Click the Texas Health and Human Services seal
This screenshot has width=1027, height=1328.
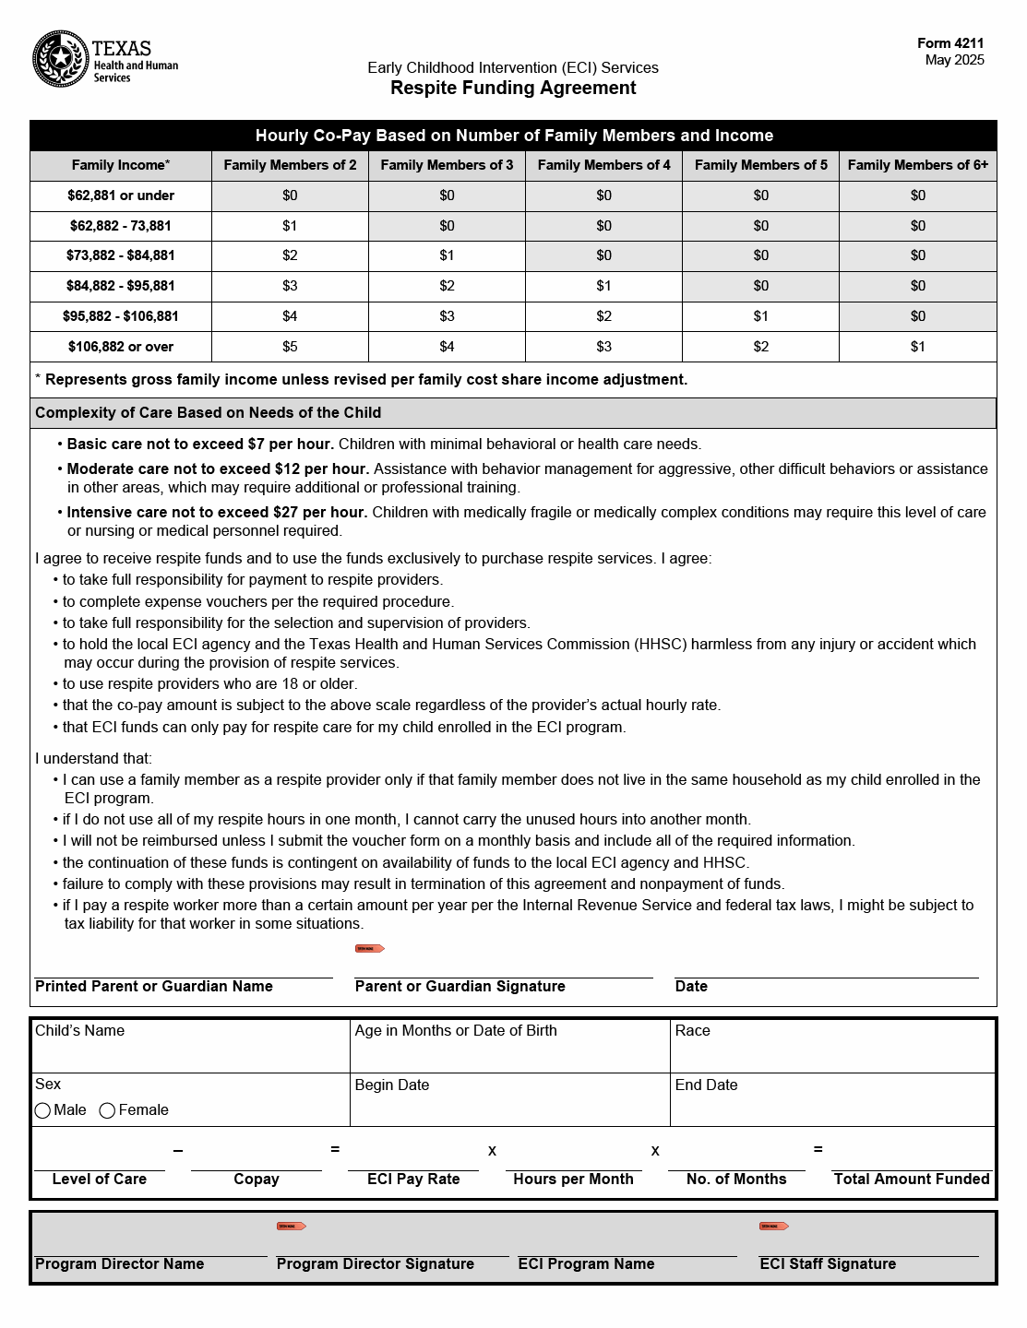click(61, 59)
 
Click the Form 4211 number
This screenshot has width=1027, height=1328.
click(950, 43)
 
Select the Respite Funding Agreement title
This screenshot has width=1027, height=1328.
click(513, 88)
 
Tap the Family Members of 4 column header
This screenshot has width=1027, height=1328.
click(603, 165)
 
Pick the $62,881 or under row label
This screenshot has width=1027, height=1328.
click(121, 196)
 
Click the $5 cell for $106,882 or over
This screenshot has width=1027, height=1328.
click(290, 347)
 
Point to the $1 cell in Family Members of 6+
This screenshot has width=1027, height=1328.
click(917, 347)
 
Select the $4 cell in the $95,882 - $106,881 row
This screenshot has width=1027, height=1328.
click(290, 316)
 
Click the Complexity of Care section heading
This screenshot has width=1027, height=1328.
click(208, 413)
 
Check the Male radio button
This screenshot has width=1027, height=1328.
click(42, 1110)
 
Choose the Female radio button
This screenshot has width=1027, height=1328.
click(107, 1110)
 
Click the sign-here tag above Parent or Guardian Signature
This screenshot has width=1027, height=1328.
click(369, 948)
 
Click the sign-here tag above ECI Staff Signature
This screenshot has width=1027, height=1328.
click(773, 1226)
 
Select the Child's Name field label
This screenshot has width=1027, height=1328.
click(79, 1031)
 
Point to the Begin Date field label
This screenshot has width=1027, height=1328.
click(392, 1085)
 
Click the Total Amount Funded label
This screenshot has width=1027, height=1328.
click(911, 1180)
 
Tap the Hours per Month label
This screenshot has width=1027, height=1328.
click(573, 1180)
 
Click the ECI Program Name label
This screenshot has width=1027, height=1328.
click(586, 1264)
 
